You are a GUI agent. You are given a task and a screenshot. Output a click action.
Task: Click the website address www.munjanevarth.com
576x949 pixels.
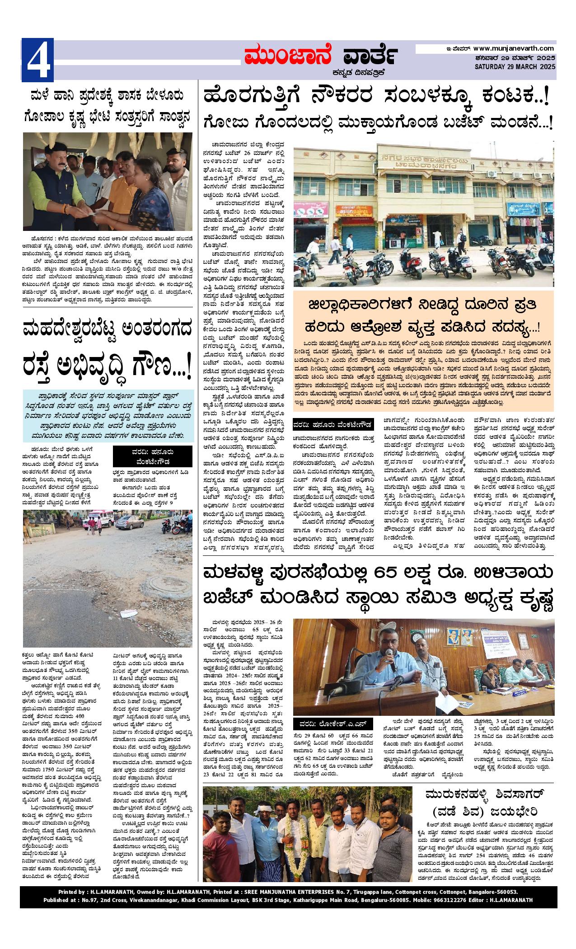pyautogui.click(x=514, y=48)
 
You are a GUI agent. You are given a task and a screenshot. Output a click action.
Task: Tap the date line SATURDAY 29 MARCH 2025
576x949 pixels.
pyautogui.click(x=515, y=66)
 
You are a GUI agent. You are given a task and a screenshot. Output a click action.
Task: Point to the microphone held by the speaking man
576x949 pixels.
pyautogui.click(x=391, y=663)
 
